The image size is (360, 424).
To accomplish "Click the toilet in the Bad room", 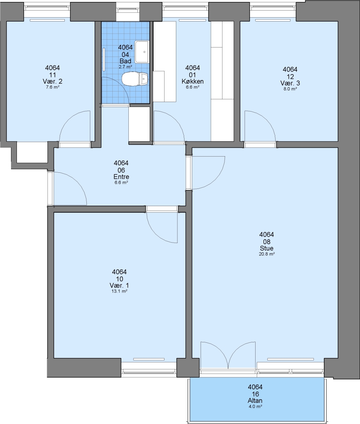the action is [135, 79].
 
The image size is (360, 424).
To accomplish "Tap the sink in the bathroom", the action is [142, 52].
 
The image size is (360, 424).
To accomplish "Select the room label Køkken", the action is [193, 81].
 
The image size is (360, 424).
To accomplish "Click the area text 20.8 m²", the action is [267, 254].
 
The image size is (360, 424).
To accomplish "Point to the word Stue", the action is [267, 248].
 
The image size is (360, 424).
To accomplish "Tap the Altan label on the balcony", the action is [255, 400].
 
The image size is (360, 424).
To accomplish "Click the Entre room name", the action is [121, 177].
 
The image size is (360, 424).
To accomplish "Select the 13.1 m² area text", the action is [120, 291].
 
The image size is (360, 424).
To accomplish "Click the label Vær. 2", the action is [53, 81].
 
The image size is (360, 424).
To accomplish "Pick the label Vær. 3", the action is [290, 83].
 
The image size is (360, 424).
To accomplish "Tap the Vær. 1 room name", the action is [119, 285].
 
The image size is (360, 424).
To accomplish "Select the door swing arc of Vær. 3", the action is [266, 118].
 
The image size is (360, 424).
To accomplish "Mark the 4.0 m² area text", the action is [255, 406].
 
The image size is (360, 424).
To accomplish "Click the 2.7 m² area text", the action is [125, 67].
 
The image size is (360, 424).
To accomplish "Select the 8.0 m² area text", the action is [290, 89].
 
